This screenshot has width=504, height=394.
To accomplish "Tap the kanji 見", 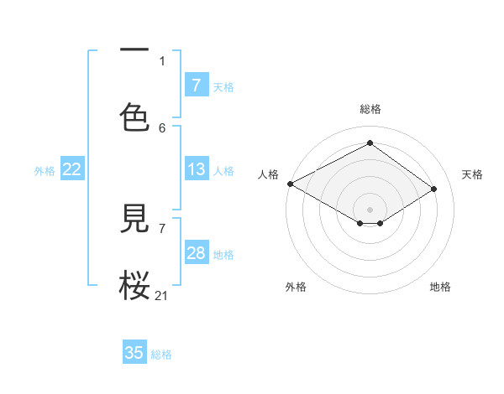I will [134, 221].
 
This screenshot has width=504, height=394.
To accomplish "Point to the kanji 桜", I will [134, 285].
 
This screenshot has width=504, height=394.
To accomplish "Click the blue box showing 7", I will [197, 85].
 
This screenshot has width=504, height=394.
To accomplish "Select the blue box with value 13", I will [197, 169].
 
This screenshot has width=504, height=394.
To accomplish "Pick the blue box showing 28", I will [197, 253].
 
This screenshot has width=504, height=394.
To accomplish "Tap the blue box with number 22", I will [72, 169].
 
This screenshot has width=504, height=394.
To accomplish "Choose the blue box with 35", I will [134, 353].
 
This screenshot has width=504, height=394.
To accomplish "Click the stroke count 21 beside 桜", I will [162, 295].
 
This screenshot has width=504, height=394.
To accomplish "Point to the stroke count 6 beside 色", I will [162, 127].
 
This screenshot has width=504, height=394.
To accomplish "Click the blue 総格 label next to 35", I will [161, 355].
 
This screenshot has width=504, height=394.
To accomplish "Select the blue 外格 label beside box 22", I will [45, 171].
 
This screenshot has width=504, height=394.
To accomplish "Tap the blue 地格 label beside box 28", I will [223, 255].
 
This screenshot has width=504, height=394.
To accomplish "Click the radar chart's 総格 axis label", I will [370, 109].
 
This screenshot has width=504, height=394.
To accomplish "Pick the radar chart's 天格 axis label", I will [473, 174].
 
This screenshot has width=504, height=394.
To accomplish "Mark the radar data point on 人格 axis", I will [290, 184].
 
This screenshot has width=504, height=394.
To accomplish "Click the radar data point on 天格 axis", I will [434, 189].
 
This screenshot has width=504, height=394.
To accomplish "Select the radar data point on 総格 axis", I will [370, 143].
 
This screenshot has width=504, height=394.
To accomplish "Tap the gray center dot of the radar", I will [370, 209].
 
